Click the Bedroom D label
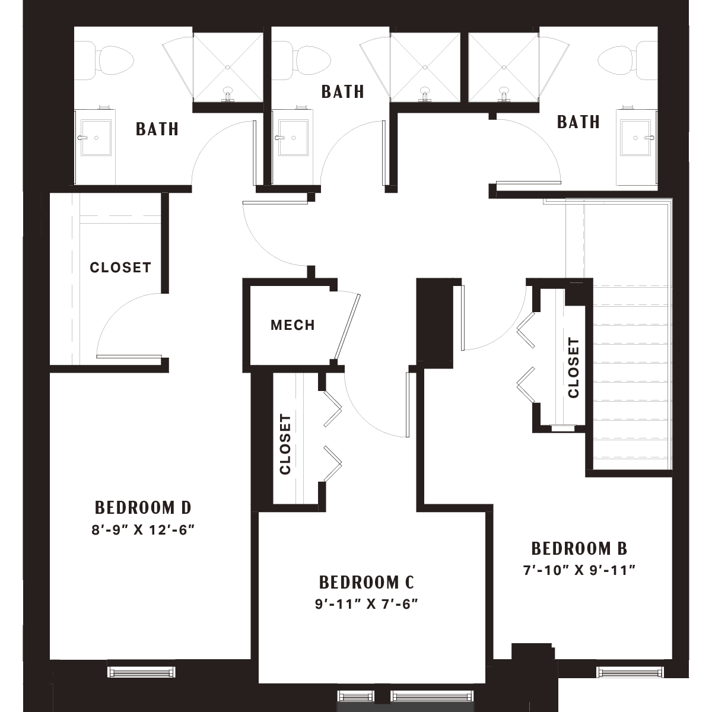[143, 508]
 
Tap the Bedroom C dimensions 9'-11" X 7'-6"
[366, 604]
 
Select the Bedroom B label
[579, 549]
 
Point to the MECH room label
[293, 325]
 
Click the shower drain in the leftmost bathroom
[228, 67]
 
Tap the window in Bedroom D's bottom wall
[141, 672]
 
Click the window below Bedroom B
[631, 672]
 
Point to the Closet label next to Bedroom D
[120, 267]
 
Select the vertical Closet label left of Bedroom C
[285, 444]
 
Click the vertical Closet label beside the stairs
[573, 368]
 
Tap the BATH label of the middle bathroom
[342, 91]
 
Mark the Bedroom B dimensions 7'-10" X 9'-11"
[579, 570]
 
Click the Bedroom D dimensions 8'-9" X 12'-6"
[143, 530]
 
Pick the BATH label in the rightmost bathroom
[578, 122]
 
